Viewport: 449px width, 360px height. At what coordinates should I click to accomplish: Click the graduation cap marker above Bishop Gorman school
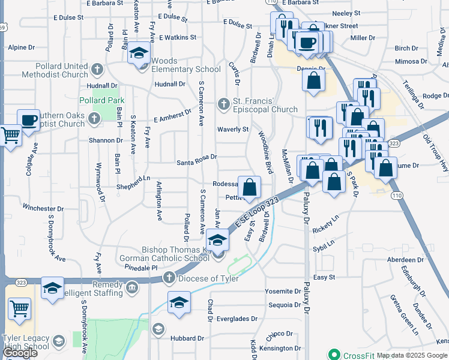pyautogui.click(x=218, y=239)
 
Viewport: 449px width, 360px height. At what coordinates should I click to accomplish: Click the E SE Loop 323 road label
pyautogui.click(x=258, y=212)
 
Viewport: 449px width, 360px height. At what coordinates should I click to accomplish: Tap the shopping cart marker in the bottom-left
pyautogui.click(x=19, y=308)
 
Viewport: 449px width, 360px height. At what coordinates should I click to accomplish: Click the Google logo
pyautogui.click(x=19, y=353)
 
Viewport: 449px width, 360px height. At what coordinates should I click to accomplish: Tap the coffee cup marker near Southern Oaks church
pyautogui.click(x=29, y=120)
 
